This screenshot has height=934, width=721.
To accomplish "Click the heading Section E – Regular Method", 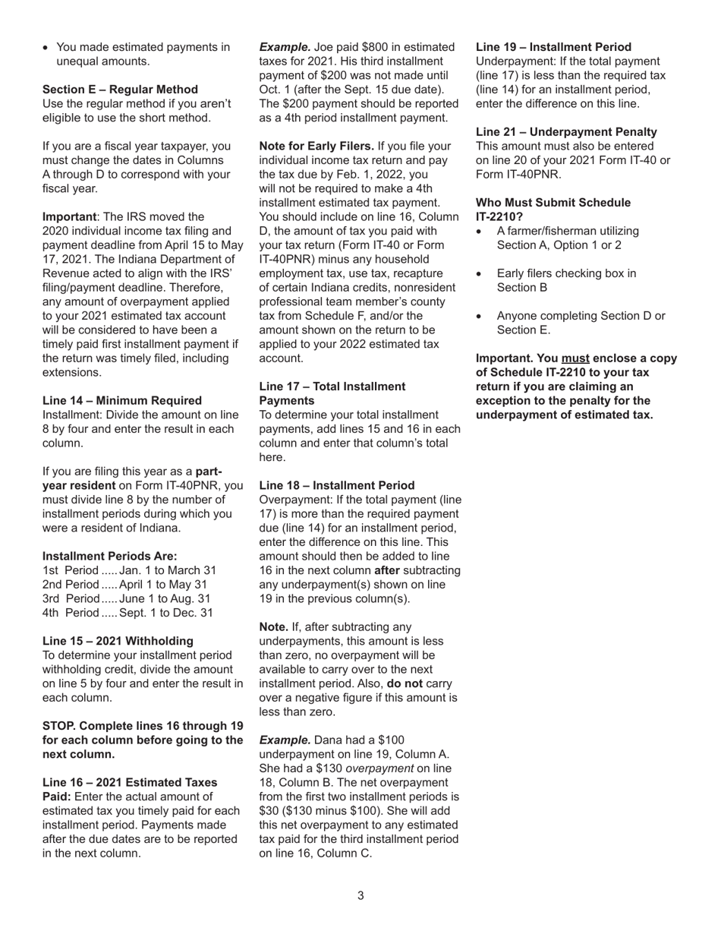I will point(120,90).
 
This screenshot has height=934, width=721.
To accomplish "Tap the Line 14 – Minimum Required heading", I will point(122,400).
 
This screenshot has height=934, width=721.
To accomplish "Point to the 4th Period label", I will point(71,613).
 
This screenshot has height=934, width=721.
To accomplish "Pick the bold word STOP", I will point(61,726).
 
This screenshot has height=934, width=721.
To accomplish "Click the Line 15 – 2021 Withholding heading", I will point(118,641).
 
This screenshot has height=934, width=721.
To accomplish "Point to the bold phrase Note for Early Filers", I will point(316,146).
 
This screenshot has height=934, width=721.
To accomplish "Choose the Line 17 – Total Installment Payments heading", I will point(332,393).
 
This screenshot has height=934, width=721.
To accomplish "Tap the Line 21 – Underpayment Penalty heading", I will point(566,132).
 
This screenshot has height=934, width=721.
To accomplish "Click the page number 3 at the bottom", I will point(360,896).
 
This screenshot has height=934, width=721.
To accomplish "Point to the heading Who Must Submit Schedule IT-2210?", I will point(553,210).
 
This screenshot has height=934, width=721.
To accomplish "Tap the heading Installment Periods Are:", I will point(109,556).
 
